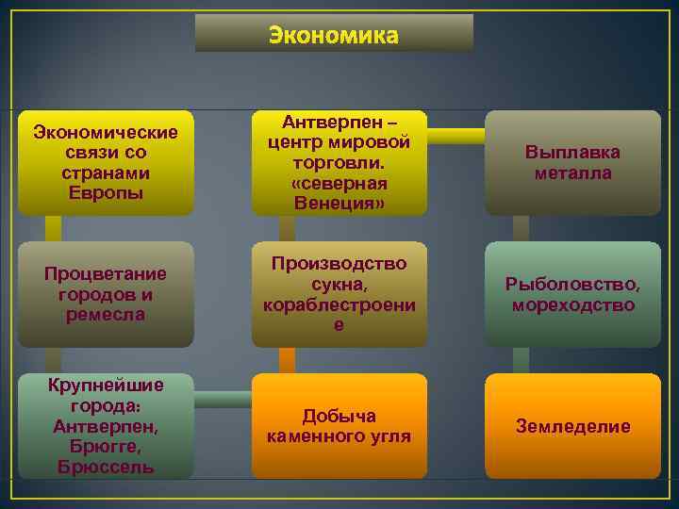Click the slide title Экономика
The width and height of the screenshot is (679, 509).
tap(334, 35)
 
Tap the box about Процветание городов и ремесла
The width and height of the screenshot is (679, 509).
tap(106, 294)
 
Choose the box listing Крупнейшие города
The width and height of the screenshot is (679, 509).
tap(106, 426)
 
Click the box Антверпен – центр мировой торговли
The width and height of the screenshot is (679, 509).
tap(339, 162)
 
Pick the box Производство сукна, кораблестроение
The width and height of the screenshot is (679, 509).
tap(339, 294)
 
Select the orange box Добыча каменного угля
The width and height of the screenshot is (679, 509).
tap(339, 426)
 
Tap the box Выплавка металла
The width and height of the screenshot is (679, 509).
tap(572, 162)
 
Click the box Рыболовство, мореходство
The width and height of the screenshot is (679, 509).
tap(572, 294)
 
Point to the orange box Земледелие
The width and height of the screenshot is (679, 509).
tap(572, 426)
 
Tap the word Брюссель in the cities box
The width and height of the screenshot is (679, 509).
tap(106, 468)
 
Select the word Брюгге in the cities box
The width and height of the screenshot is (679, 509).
tap(106, 447)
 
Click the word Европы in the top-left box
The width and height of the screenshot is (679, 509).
tap(106, 193)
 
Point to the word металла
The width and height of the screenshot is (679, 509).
tap(572, 173)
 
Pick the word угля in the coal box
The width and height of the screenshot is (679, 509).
tap(386, 436)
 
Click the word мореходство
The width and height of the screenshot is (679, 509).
tap(572, 304)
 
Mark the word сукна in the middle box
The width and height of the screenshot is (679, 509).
tap(339, 284)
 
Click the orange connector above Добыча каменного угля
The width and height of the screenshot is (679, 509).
tap(287, 360)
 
